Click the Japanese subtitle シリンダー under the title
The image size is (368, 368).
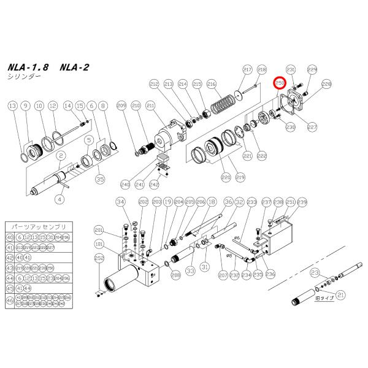point(24,78)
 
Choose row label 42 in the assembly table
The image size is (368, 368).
point(9,258)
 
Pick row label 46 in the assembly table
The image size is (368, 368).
point(9,301)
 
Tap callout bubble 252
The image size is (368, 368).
point(99,259)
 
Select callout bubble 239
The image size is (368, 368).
point(302,202)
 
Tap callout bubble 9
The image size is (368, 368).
point(25,106)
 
